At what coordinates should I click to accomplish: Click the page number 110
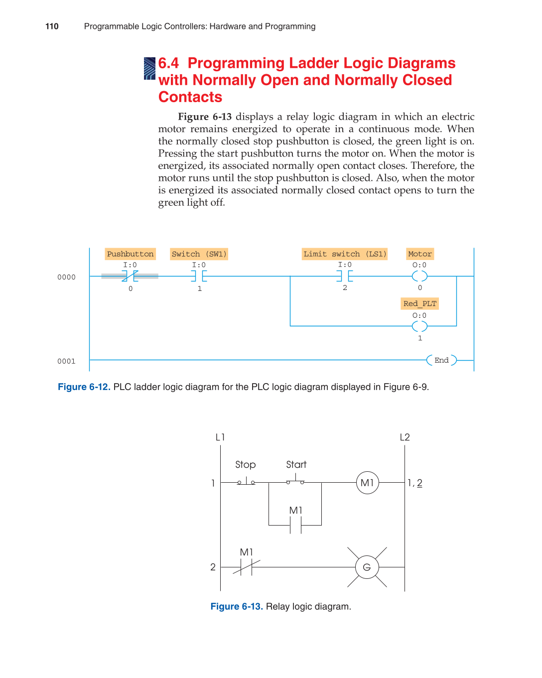(x=52, y=26)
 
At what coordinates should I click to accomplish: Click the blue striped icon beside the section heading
(x=149, y=69)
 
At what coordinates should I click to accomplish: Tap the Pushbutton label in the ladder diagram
(x=130, y=254)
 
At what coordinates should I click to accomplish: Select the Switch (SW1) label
(x=199, y=254)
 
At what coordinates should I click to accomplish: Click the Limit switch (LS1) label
(x=345, y=254)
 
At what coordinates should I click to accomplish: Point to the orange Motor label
(x=419, y=254)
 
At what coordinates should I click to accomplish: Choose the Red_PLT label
(x=419, y=303)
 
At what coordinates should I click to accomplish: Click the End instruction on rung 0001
(x=441, y=360)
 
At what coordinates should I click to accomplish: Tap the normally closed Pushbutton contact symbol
(x=130, y=276)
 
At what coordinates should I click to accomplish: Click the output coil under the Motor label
(x=419, y=276)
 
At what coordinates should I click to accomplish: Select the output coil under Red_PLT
(x=419, y=326)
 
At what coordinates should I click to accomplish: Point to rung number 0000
(x=66, y=277)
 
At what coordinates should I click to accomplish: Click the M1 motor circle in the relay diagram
(x=367, y=483)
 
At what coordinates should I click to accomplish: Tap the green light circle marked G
(x=367, y=567)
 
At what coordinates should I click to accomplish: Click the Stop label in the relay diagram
(x=245, y=464)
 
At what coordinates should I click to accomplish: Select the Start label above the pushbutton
(x=296, y=464)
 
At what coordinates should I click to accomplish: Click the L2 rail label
(x=405, y=437)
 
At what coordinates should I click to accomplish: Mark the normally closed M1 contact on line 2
(x=246, y=567)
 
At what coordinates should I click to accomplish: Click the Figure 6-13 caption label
(x=236, y=606)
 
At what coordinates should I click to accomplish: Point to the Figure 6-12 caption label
(x=84, y=387)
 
